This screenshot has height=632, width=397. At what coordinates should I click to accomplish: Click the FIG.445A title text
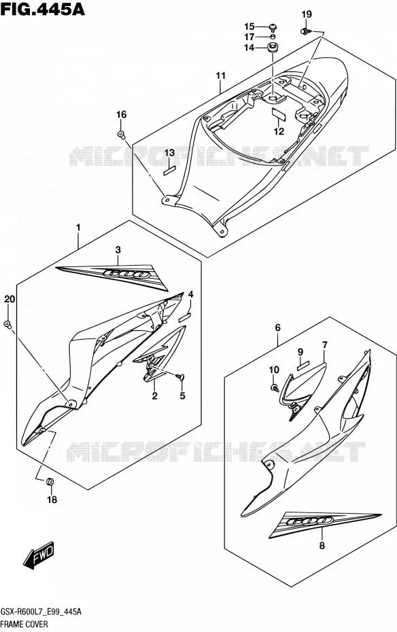pos(43,9)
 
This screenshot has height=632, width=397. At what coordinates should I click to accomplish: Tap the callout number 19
pos(307,14)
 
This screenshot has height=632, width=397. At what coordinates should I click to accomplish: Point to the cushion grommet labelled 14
pos(274,46)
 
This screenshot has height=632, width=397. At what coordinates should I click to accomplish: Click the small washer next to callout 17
pos(273,37)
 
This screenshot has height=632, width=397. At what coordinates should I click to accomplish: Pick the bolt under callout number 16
pos(121,134)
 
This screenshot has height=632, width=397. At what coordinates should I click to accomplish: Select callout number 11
pos(220,75)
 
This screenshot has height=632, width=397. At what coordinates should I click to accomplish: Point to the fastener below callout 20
pos(7,324)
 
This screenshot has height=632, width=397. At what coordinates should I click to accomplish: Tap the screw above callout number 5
pos(180,377)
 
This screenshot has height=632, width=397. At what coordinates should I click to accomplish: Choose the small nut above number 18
pos(50,481)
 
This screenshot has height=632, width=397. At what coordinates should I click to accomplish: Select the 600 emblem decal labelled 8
pos(325,524)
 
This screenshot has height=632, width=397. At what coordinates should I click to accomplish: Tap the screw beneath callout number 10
pos(275,388)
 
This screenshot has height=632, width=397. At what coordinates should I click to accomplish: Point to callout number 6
pos(278,328)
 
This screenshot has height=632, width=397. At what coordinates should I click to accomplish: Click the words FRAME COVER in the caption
pos(24,625)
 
